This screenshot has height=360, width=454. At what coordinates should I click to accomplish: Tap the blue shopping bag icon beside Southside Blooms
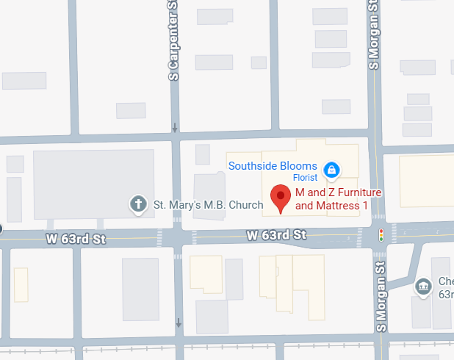point(332,170)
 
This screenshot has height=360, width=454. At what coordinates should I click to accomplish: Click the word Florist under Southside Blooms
point(305,178)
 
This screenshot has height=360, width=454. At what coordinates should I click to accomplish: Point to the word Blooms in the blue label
point(301,166)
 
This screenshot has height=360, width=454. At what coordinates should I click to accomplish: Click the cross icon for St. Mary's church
point(137,204)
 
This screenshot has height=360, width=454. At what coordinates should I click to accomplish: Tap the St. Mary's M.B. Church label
point(197,204)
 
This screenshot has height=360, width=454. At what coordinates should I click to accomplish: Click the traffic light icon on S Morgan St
point(381,235)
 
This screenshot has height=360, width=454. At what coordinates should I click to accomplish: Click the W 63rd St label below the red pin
point(276,235)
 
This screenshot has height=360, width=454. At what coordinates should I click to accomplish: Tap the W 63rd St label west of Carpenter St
point(76,238)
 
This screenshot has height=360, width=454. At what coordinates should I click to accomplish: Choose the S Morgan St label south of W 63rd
point(381,297)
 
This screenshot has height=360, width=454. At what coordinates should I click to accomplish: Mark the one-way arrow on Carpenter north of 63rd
point(175,128)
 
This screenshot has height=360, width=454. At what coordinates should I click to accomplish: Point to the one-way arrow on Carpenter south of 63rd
point(179,323)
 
